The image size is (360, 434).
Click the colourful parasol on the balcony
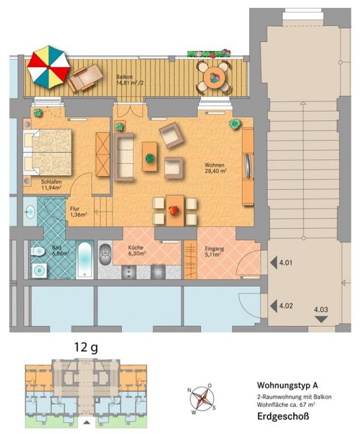coord(49,67)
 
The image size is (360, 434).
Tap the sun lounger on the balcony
coord(85,77)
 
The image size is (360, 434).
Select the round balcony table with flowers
coord(213,77)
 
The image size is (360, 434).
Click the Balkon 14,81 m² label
coord(130,80)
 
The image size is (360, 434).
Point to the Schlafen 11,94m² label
coord(51,185)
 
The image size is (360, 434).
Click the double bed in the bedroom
coord(47,152)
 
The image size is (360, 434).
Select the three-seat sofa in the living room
coord(124,157)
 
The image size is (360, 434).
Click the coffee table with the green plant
coord(150,157)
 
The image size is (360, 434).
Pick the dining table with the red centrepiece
coord(175,210)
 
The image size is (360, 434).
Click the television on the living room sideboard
coord(248,166)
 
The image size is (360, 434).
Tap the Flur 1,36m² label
coord(79,211)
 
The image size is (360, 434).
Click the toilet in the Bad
coord(38,252)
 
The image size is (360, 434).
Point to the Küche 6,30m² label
coord(137,250)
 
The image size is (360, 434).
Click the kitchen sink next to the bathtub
coord(105,254)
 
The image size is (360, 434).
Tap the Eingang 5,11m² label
coord(214,251)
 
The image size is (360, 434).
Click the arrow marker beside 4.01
coord(274,263)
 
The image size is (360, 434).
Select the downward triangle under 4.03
coord(321,319)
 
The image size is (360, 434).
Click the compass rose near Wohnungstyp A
coord(202,398)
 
